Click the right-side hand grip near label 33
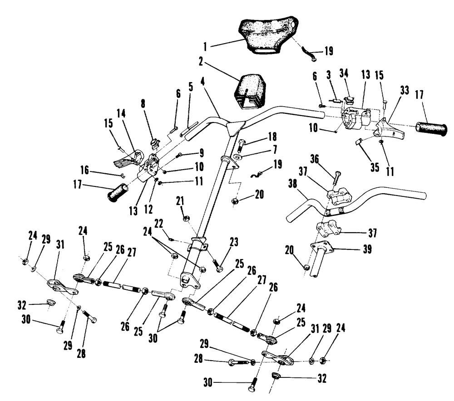pyautogui.click(x=431, y=128)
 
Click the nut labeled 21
pyautogui.click(x=186, y=219)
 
